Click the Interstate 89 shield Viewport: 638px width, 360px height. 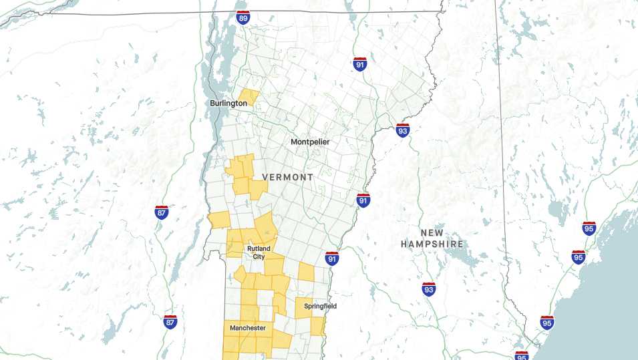coord(243,17)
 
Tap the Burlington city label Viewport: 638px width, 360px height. coord(228,104)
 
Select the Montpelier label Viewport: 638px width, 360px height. coord(310,142)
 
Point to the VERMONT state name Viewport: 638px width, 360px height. coord(288,177)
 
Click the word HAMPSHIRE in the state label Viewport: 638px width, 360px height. coord(432,244)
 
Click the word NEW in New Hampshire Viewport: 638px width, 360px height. coord(432,233)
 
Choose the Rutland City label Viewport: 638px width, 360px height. coord(259,252)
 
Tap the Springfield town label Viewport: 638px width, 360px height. coord(321,306)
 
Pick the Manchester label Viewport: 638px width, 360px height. coord(248,328)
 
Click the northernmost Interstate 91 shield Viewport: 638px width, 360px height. coord(360,64)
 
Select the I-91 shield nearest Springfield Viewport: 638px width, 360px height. coord(332,258)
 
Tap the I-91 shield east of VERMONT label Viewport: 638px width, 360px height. coord(363,200)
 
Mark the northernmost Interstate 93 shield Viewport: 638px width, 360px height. coord(402,130)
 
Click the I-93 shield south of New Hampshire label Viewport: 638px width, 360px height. coord(429,289)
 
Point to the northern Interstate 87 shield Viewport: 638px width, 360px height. coord(162,212)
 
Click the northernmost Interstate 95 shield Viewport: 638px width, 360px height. coord(589,228)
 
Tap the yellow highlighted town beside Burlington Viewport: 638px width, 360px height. coord(248,98)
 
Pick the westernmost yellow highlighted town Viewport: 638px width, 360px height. coord(218,220)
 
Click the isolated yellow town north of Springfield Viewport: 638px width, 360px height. coord(306,271)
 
